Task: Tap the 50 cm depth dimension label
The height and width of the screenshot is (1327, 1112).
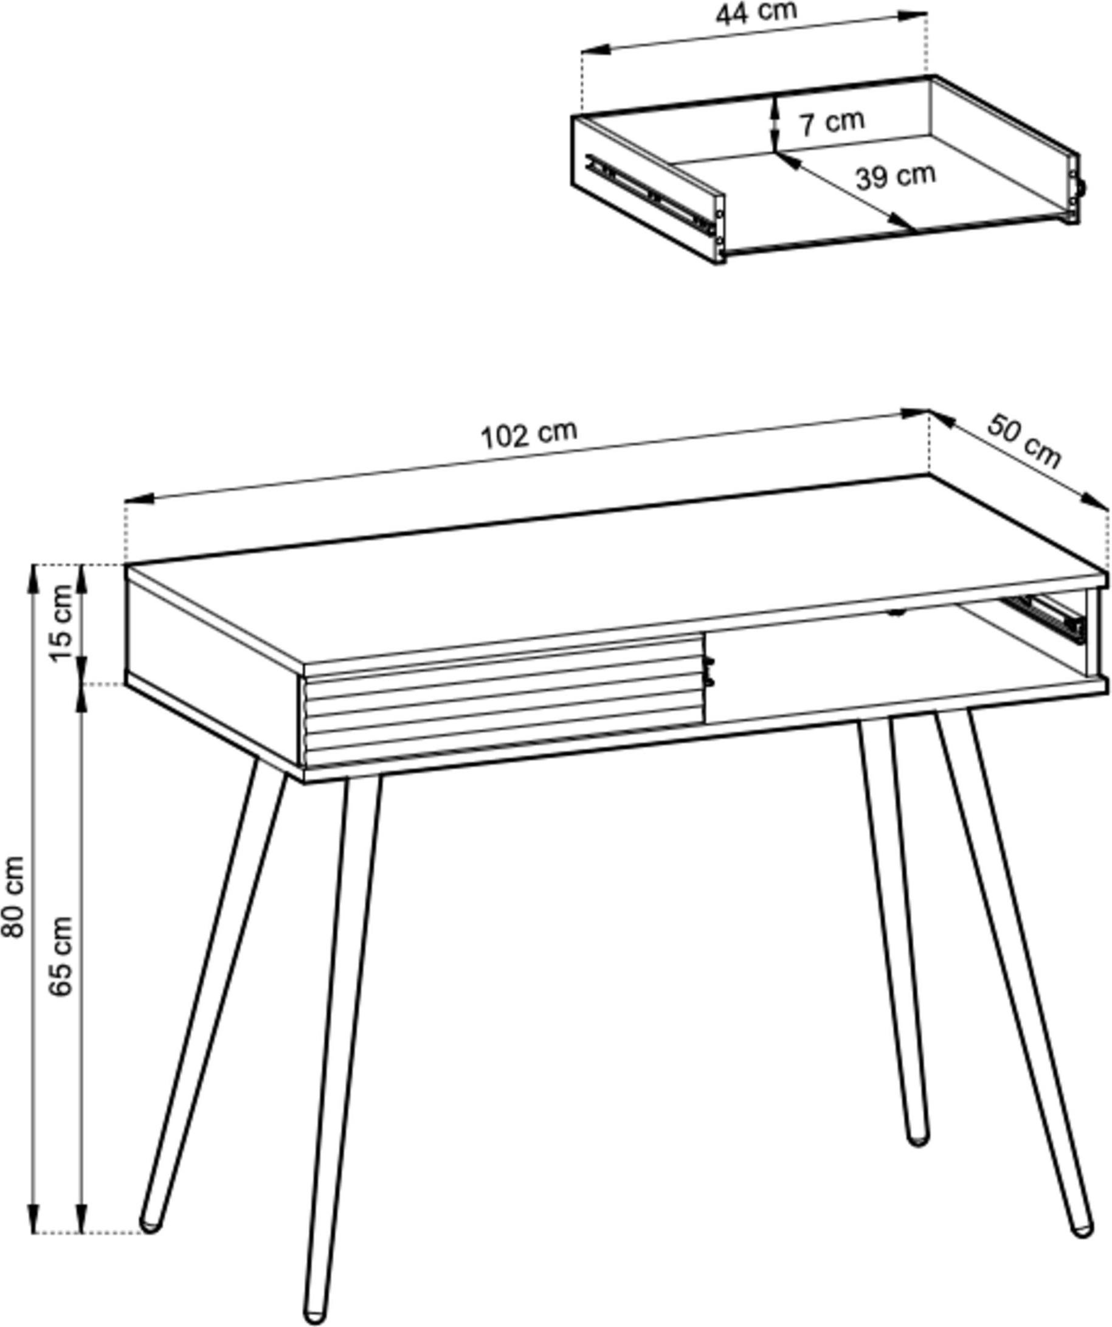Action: (1024, 442)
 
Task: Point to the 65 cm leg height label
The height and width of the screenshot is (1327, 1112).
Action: (61, 956)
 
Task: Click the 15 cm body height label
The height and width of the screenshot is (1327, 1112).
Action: (63, 622)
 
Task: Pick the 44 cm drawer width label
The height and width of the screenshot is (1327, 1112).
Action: (756, 13)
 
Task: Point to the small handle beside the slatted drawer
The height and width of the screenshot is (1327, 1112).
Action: (710, 670)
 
